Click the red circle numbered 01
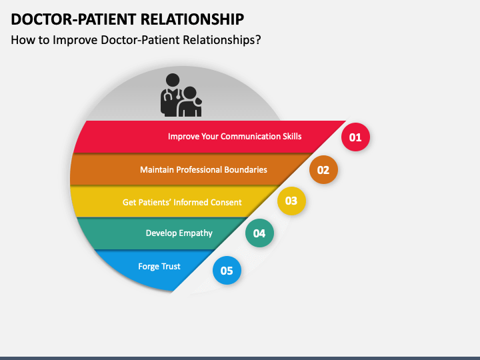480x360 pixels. [x=355, y=137]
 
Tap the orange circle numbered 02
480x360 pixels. [x=323, y=169]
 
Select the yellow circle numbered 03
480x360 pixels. [x=291, y=201]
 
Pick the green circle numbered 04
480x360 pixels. [x=259, y=233]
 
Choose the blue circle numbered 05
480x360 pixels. [x=227, y=270]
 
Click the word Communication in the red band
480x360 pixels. [x=251, y=136]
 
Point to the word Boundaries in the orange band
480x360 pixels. [x=245, y=169]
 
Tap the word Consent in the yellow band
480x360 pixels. [x=226, y=203]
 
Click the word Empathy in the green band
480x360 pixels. [x=195, y=233]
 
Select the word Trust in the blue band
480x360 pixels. [x=171, y=266]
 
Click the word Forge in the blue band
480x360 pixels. [x=148, y=267]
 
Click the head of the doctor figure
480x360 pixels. [x=173, y=80]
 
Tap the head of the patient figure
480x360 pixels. [x=190, y=94]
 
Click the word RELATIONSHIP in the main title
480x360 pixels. [x=192, y=19]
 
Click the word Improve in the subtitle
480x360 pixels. [x=75, y=40]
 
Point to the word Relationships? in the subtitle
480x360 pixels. [x=222, y=40]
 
